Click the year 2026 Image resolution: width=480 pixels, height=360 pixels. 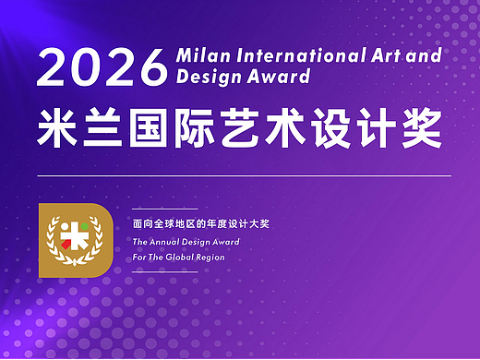(x=101, y=66)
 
